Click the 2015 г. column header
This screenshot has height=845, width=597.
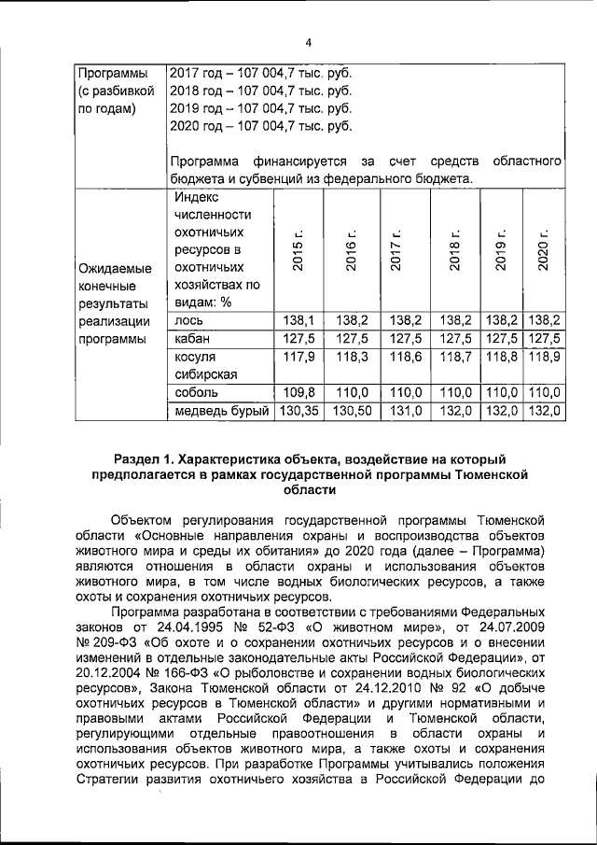pos(298,251)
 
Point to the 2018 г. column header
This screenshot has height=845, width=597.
pos(455,251)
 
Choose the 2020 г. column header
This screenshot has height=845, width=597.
pos(544,251)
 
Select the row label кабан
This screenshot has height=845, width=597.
pos(192,339)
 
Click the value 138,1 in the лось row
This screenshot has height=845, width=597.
pos(298,320)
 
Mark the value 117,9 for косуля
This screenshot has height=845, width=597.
pos(298,358)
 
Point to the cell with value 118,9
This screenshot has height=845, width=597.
pos(544,358)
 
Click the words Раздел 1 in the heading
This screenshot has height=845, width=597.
pos(145,458)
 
